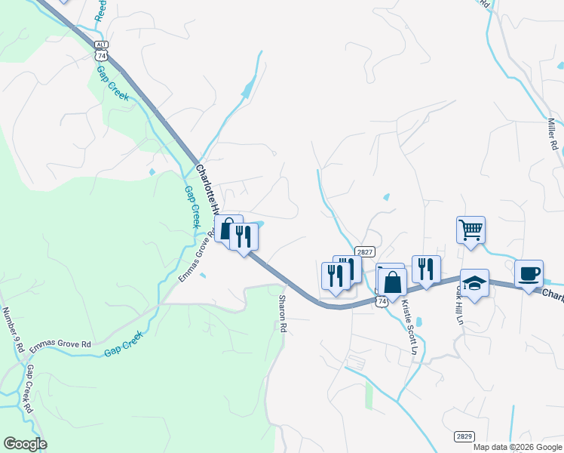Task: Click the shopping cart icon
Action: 471,229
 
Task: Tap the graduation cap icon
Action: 474,282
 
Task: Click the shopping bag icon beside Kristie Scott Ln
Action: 392,282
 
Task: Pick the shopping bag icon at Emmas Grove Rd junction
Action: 227,228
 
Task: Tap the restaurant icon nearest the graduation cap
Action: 426,269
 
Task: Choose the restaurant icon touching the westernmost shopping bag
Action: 244,236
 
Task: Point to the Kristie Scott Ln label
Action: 409,325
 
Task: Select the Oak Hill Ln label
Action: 457,304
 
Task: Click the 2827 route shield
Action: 364,251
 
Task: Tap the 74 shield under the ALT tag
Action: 101,55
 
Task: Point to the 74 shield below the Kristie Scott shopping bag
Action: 383,301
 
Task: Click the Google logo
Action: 25,444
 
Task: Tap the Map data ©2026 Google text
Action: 518,447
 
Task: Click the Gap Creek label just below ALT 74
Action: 112,84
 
